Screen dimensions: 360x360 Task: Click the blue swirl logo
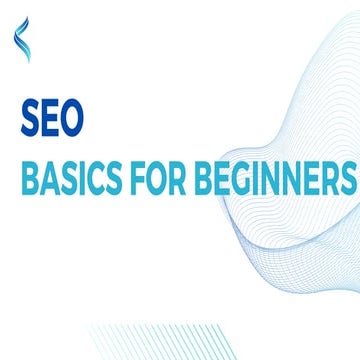[x=22, y=40]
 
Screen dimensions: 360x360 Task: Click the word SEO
[x=53, y=117]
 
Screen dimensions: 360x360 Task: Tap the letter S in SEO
[x=30, y=117]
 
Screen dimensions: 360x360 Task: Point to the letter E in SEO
[x=50, y=117]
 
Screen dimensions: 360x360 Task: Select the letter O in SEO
[x=72, y=117]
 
